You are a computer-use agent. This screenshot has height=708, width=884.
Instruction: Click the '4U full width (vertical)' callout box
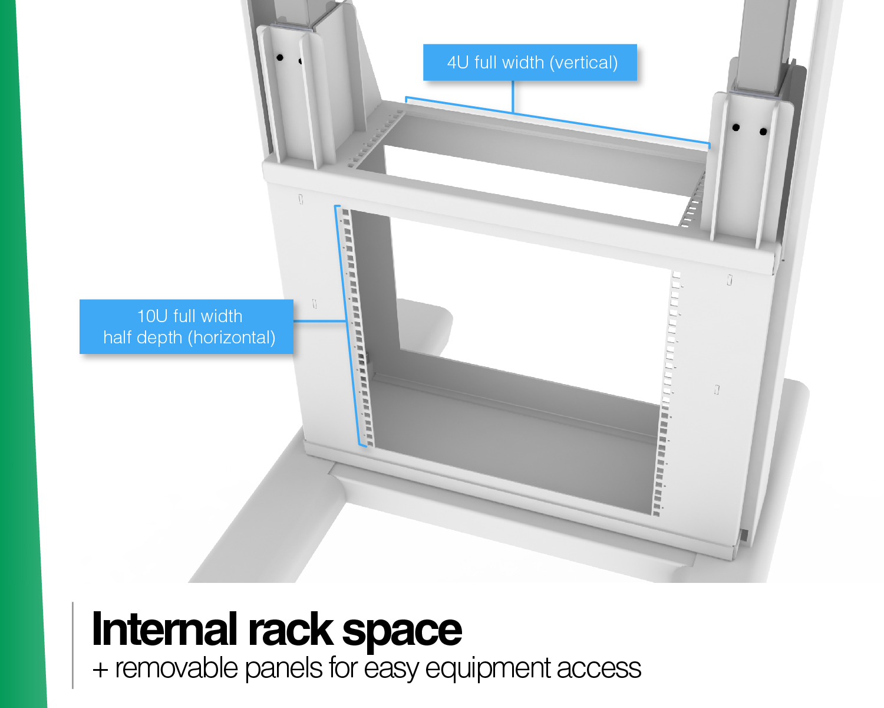pyautogui.click(x=530, y=62)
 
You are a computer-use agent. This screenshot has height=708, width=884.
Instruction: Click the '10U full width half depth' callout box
pyautogui.click(x=186, y=327)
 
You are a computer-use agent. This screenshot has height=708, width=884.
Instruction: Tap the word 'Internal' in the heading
pyautogui.click(x=164, y=629)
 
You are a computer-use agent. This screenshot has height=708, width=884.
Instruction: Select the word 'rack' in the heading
pyautogui.click(x=290, y=629)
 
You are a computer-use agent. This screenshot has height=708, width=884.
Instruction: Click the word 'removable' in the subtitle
pyautogui.click(x=176, y=668)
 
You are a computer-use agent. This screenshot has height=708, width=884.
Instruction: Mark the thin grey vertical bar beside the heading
pyautogui.click(x=72, y=645)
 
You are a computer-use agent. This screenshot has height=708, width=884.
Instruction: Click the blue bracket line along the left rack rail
pyautogui.click(x=350, y=326)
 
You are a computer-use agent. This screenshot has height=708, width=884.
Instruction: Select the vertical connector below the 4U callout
pyautogui.click(x=513, y=96)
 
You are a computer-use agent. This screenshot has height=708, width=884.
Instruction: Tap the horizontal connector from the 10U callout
pyautogui.click(x=320, y=321)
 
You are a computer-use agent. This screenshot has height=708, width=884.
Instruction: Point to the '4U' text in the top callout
pyautogui.click(x=457, y=63)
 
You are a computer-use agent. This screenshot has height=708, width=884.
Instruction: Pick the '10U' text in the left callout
pyautogui.click(x=152, y=316)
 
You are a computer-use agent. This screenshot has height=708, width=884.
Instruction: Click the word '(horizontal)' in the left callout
pyautogui.click(x=231, y=337)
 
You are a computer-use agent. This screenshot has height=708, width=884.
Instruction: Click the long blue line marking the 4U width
pyautogui.click(x=558, y=120)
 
